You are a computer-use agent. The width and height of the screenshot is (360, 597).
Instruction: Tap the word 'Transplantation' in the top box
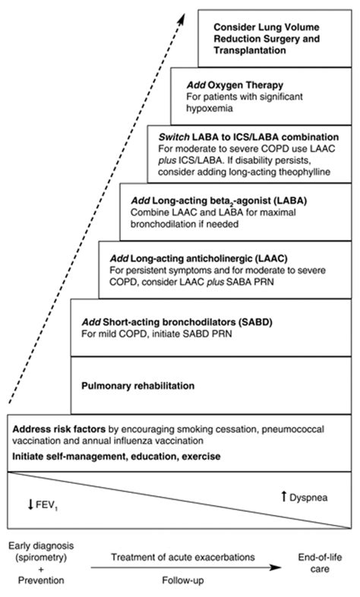pos(246,50)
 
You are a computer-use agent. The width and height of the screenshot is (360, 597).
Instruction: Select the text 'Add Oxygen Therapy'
pos(229,85)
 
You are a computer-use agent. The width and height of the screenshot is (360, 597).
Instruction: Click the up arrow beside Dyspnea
pos(283,496)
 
